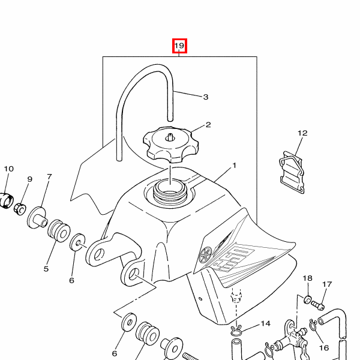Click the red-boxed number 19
pyautogui.click(x=179, y=46)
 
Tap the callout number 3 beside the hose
pyautogui.click(x=206, y=97)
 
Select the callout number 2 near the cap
pyautogui.click(x=208, y=125)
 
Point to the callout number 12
pyautogui.click(x=302, y=133)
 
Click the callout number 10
pyautogui.click(x=9, y=169)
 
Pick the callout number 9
pyautogui.click(x=29, y=179)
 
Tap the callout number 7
pyautogui.click(x=50, y=176)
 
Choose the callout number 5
pyautogui.click(x=46, y=269)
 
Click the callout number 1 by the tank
pyautogui.click(x=234, y=166)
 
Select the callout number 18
pyautogui.click(x=307, y=278)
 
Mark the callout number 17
pyautogui.click(x=327, y=284)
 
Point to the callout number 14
pyautogui.click(x=266, y=323)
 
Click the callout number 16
pyautogui.click(x=324, y=348)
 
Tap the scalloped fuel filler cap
pyautogui.click(x=171, y=144)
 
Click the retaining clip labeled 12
pyautogui.click(x=292, y=172)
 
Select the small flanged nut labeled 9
pyautogui.click(x=20, y=208)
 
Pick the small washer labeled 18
pyautogui.click(x=307, y=299)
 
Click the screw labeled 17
pyautogui.click(x=318, y=305)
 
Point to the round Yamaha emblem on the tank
pyautogui.click(x=205, y=254)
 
